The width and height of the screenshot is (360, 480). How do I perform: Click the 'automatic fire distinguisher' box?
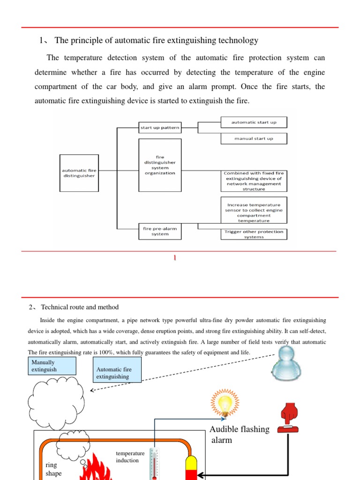point(79,173)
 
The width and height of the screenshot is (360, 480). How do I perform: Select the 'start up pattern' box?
point(160,127)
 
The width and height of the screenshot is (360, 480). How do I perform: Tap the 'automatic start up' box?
point(254,122)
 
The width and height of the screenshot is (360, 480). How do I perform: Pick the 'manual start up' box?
point(254,139)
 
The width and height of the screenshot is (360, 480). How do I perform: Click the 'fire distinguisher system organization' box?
point(160,165)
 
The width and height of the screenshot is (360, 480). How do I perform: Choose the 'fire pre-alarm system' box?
point(160,231)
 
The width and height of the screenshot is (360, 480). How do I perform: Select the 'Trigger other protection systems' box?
point(254,234)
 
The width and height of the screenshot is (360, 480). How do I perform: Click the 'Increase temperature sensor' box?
point(254,210)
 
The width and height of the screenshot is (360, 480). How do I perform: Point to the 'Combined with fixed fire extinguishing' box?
point(254,181)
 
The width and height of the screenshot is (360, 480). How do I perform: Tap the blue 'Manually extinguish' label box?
point(51,366)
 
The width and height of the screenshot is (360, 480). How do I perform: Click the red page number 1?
point(175,258)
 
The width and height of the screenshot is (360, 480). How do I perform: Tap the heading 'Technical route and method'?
point(80,307)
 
